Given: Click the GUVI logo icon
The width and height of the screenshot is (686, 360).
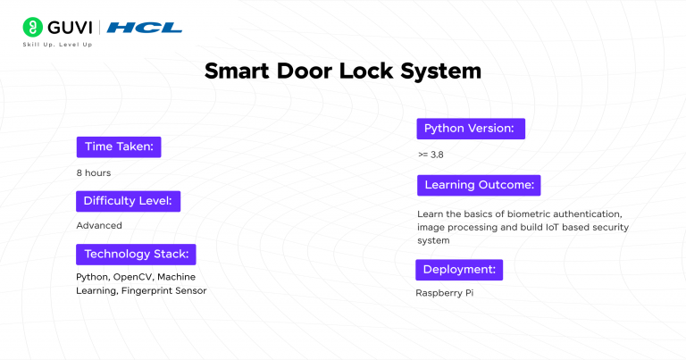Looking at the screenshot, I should coord(34,28).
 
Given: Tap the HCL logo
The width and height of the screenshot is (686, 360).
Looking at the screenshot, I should coord(145,28).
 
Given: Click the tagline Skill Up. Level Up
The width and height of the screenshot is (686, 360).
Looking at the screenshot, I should coord(63,44).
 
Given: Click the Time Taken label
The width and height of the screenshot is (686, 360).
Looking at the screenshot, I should coord(119,147).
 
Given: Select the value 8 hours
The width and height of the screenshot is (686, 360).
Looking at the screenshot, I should coord(93,172).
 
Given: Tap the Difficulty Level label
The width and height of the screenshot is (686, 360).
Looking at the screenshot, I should coord(128,200).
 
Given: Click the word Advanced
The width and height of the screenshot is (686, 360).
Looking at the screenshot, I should coord(98,225).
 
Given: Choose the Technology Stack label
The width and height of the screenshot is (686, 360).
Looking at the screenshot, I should coord(136,254).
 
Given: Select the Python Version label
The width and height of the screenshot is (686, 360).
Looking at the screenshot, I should coord(469,129).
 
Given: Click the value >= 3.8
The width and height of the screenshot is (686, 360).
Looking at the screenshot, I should coord(431,155).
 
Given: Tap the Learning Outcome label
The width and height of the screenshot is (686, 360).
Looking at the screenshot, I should coord(479,185).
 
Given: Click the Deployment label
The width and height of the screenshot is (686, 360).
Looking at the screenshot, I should coord(458,269).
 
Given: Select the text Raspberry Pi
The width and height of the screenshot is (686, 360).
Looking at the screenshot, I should coord(444,292).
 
